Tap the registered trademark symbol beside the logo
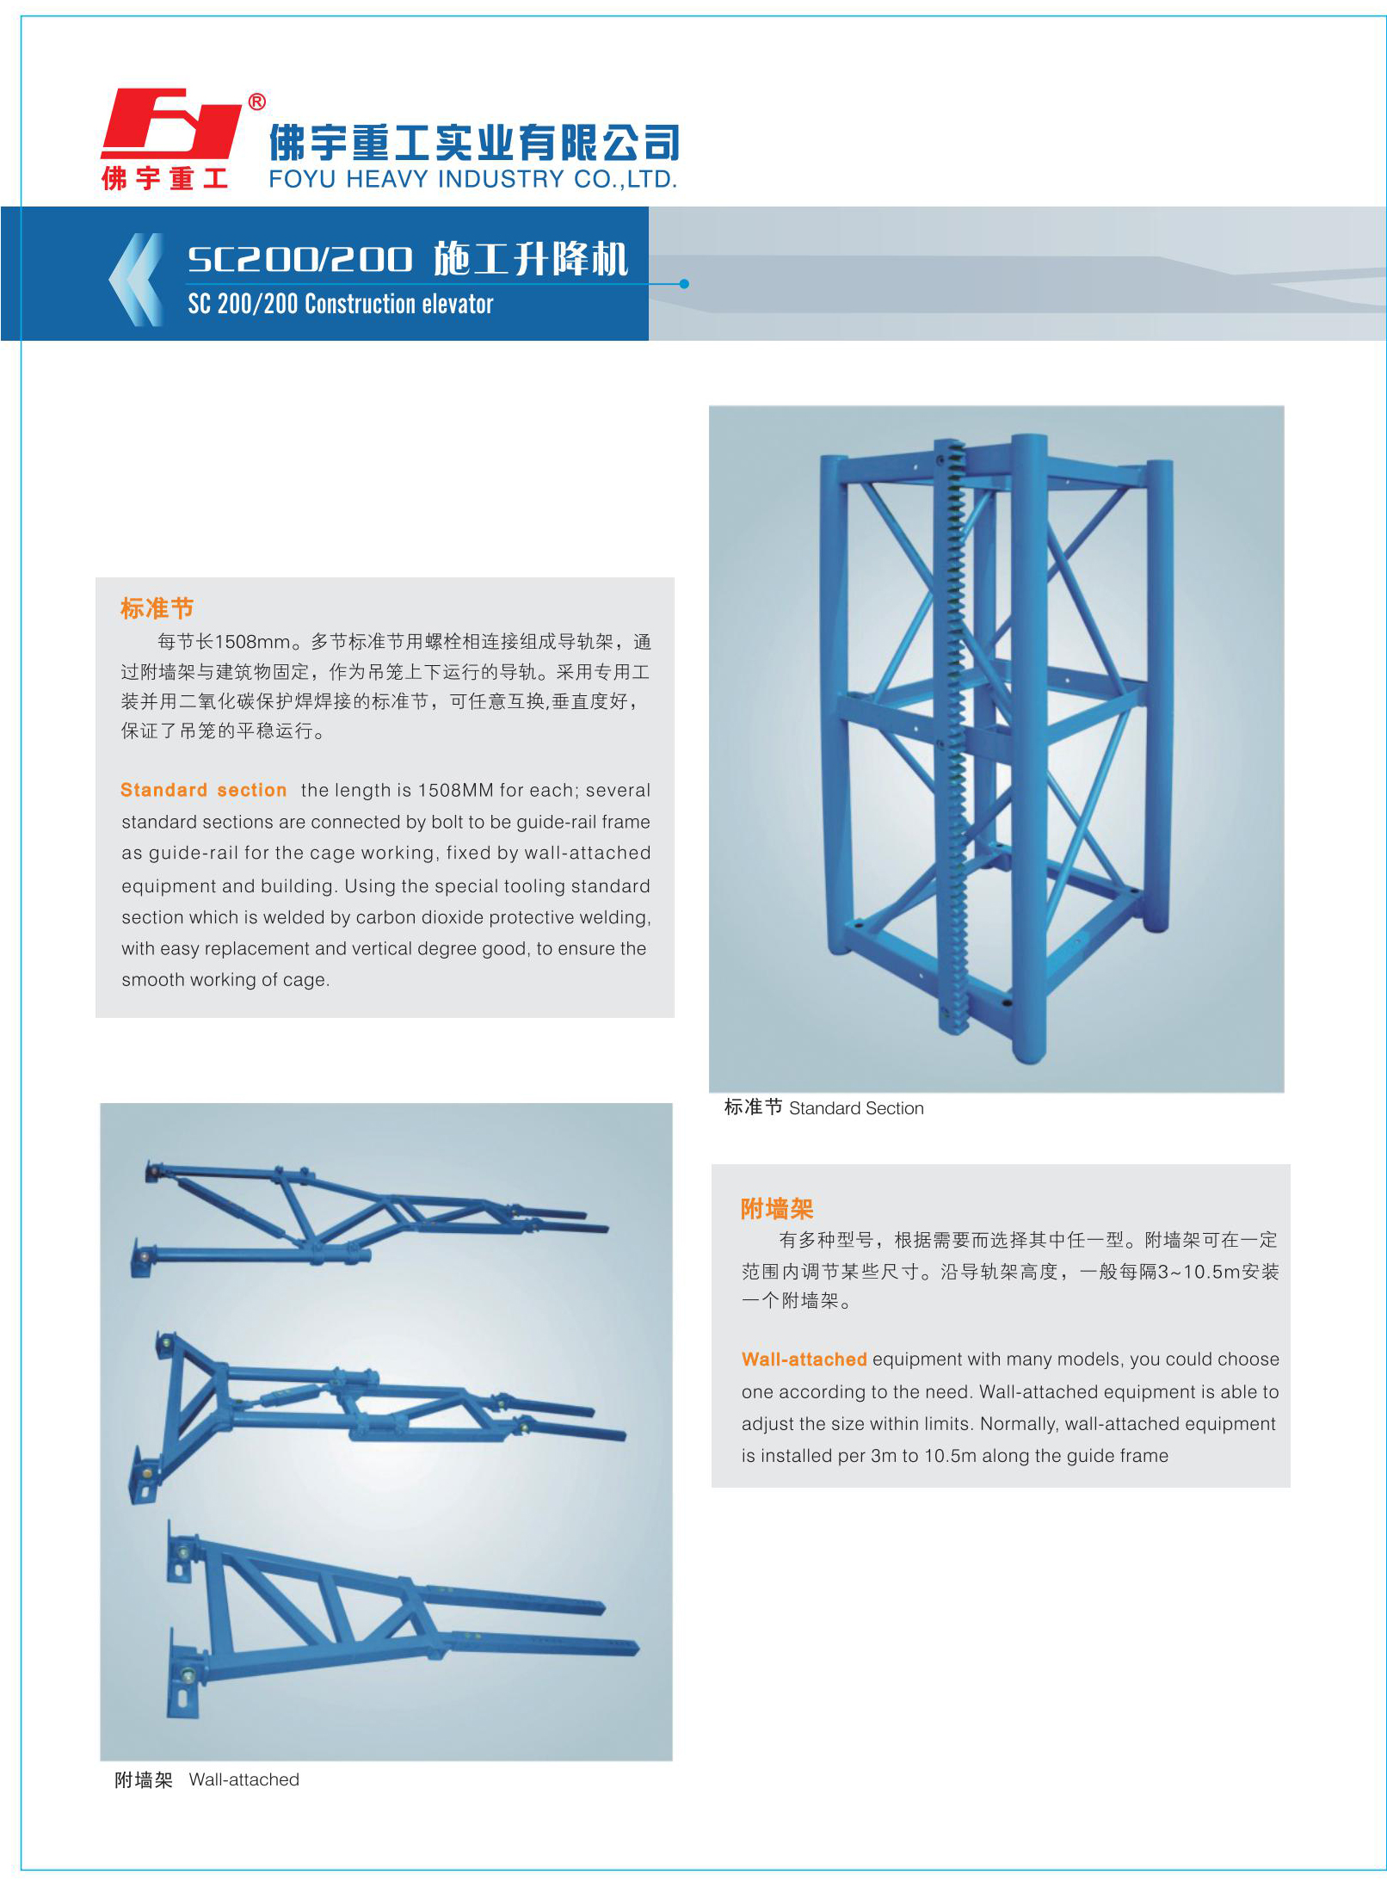pos(256,102)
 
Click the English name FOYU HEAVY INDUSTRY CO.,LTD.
pos(473,179)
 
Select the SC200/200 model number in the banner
pos(300,259)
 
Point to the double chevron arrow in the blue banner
pos(136,280)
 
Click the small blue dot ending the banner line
pos(684,283)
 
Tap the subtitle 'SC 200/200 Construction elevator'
pos(341,304)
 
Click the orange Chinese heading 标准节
pos(157,608)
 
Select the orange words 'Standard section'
pos(204,790)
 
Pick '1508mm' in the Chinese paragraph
pos(252,642)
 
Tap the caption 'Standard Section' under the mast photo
pos(856,1108)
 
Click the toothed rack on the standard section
pos(955,736)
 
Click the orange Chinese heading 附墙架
pos(777,1209)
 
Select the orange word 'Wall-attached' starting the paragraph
pos(804,1360)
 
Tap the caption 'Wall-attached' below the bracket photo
pos(244,1779)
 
